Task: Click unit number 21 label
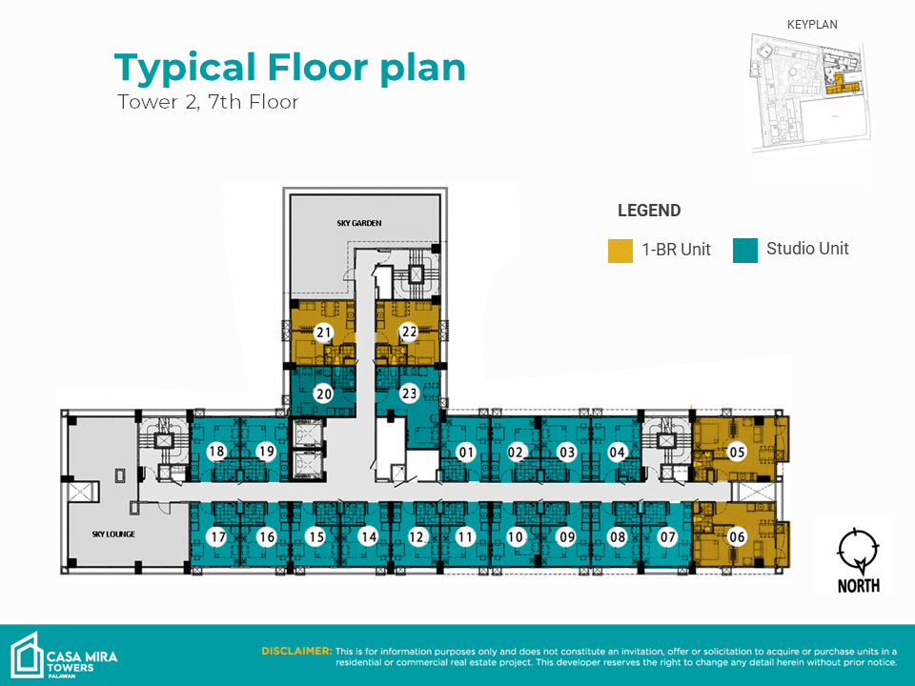pos(323,333)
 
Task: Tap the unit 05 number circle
pos(737,452)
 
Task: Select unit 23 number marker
pos(409,393)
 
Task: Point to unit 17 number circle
pos(217,536)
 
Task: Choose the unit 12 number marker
pos(417,536)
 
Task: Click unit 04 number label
pos(617,452)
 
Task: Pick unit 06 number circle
pos(737,536)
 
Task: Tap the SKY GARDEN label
pos(359,223)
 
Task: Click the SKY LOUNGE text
pos(113,534)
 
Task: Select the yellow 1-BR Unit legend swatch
pos(620,251)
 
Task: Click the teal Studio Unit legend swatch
pos(745,251)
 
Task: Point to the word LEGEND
pos(649,211)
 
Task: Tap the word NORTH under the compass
pos(859,586)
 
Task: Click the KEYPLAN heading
pos(812,25)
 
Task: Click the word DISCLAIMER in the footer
pos(296,651)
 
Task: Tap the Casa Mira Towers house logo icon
pos(27,656)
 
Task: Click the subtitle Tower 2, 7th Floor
pos(209,102)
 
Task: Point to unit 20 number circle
pos(323,393)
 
